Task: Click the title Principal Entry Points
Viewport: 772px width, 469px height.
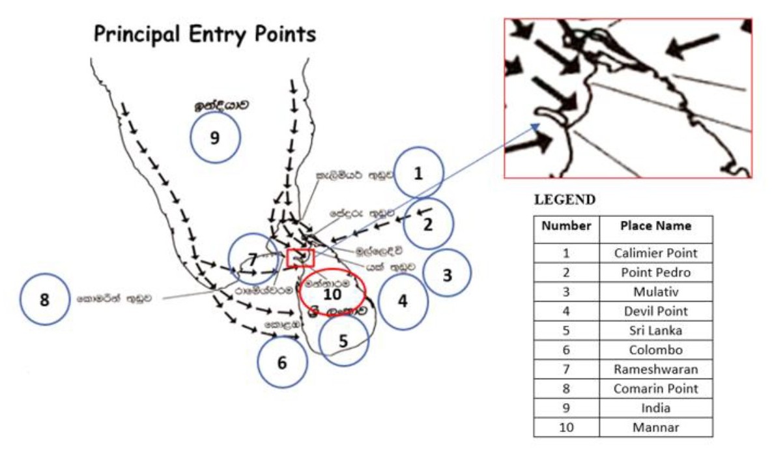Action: pos(205,35)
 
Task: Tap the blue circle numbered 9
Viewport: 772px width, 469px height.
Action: pos(216,137)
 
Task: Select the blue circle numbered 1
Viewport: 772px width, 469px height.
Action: pos(419,174)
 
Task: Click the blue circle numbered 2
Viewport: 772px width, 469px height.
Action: pos(428,225)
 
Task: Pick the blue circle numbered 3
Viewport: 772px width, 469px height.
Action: pos(447,274)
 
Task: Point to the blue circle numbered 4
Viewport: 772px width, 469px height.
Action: pos(403,302)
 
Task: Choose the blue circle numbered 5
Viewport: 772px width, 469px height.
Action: pos(344,340)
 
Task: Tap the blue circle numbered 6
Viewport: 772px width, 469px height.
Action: pos(282,363)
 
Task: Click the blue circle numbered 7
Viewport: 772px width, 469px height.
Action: pos(253,258)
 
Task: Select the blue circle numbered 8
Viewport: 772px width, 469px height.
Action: pos(45,300)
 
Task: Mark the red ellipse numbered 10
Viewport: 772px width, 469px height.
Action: pos(333,291)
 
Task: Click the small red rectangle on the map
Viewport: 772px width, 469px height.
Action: pos(300,257)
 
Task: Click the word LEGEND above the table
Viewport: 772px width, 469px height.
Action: pos(564,200)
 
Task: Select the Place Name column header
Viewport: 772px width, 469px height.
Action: pos(655,226)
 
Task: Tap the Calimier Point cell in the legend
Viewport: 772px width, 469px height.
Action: pos(655,253)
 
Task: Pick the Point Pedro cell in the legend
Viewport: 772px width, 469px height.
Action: pos(655,272)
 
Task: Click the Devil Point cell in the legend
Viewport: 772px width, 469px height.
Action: pos(655,311)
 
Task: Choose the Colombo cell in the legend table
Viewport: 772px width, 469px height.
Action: pos(655,350)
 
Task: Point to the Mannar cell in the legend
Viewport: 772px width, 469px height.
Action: pos(655,427)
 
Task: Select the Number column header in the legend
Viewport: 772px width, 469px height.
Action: pos(566,226)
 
